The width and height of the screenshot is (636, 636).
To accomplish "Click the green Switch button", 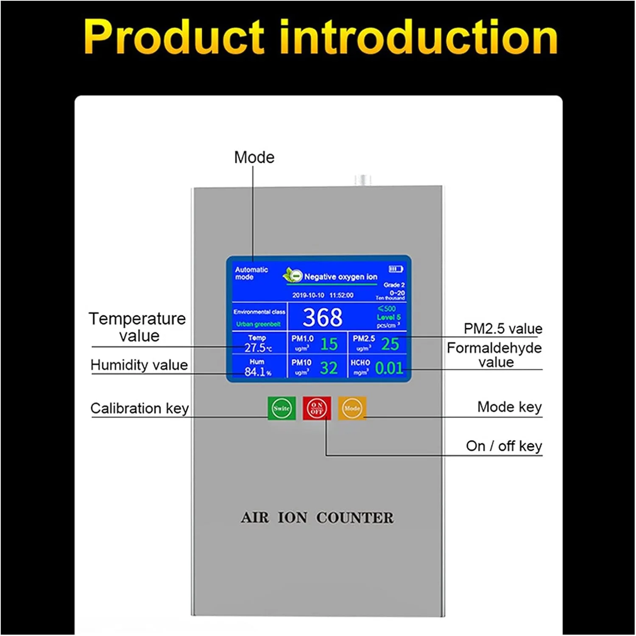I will (282, 408).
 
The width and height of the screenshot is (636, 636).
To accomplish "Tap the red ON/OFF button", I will (317, 408).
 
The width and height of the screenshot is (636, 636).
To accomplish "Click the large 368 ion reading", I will (322, 317).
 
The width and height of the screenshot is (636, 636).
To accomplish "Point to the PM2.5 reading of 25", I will (390, 344).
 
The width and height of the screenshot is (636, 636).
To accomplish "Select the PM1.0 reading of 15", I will (329, 344).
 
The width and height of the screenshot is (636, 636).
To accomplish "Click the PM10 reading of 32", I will (329, 368).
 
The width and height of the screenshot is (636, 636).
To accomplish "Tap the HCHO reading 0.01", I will (389, 368).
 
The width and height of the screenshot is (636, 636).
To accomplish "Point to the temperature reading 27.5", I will (255, 348).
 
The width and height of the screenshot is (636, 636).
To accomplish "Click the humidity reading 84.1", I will (255, 372).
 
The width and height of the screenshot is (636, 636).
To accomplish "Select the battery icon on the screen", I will (396, 269).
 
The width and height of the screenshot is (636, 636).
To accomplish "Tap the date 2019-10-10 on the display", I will (308, 295).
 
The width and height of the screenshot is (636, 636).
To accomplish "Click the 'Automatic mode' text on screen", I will (251, 273).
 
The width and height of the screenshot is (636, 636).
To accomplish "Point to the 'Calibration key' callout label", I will (139, 408).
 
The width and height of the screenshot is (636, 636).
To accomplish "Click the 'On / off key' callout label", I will (504, 446).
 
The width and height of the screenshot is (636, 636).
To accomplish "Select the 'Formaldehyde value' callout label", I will (494, 355).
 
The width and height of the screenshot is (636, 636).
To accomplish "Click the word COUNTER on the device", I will (355, 518).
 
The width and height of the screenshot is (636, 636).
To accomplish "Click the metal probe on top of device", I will (363, 180).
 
